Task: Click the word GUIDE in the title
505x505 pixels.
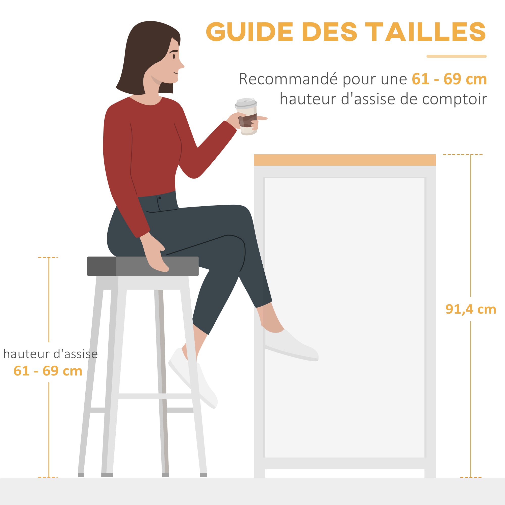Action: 250,32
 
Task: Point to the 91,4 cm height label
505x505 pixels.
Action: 470,309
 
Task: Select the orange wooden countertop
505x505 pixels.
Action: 344,160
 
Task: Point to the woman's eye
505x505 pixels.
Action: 174,56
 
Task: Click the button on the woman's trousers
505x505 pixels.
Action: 160,198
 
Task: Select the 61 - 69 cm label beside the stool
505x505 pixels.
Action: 48,371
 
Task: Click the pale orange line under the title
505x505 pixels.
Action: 456,56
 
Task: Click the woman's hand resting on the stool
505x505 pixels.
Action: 156,258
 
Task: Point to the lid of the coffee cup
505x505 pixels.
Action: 246,103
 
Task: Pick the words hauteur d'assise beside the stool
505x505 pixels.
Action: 50,354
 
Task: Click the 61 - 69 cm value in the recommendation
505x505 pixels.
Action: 449,79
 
